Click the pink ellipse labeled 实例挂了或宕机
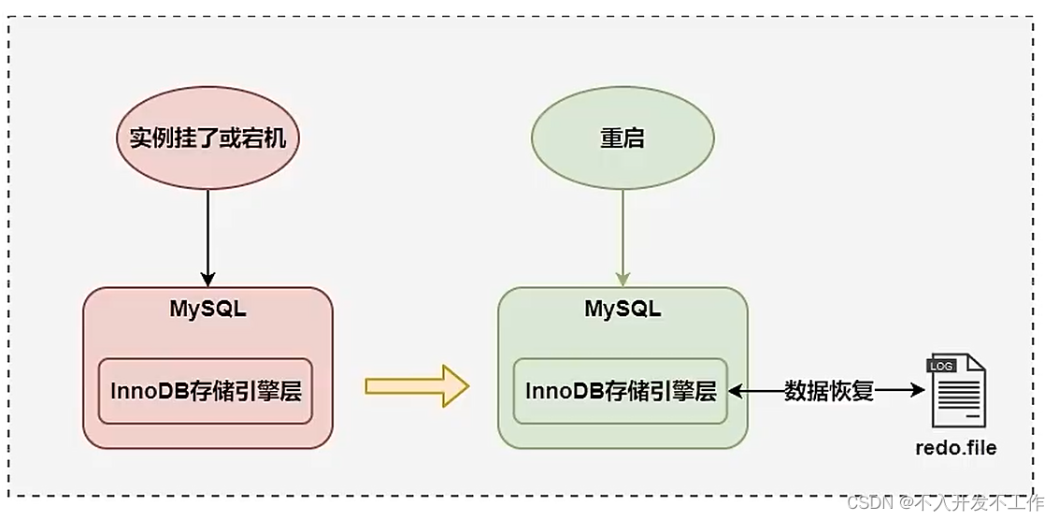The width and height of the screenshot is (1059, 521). pyautogui.click(x=208, y=140)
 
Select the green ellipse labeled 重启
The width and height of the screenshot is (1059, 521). pyautogui.click(x=623, y=140)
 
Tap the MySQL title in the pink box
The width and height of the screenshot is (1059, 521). pyautogui.click(x=208, y=310)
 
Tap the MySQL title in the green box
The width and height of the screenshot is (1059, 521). pyautogui.click(x=623, y=310)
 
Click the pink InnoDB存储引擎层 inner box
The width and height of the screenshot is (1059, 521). pyautogui.click(x=205, y=391)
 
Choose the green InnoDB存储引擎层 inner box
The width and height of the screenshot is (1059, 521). pyautogui.click(x=621, y=391)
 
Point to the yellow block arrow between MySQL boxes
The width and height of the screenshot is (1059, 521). pyautogui.click(x=415, y=385)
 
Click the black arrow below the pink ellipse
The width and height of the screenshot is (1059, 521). pyautogui.click(x=208, y=234)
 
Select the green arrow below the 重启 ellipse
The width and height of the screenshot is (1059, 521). pyautogui.click(x=623, y=234)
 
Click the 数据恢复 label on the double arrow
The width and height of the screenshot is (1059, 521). pyautogui.click(x=828, y=391)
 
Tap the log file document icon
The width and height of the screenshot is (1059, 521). pyautogui.click(x=955, y=391)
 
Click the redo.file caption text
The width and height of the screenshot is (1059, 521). pyautogui.click(x=955, y=448)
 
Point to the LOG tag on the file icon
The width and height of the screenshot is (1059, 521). pyautogui.click(x=941, y=366)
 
